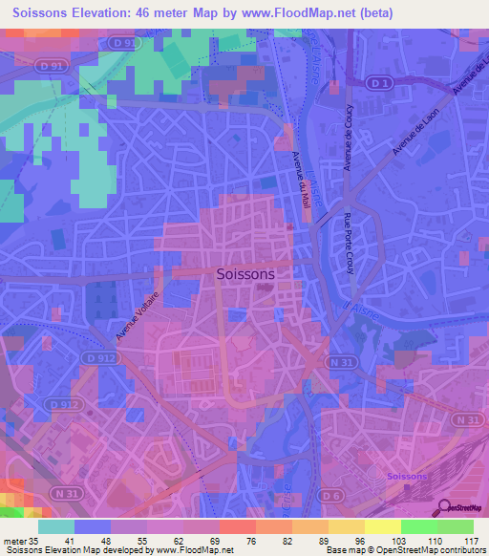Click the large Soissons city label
pyautogui.click(x=246, y=273)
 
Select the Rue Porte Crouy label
pyautogui.click(x=351, y=242)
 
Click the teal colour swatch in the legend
pyautogui.click(x=56, y=526)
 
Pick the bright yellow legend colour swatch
pyautogui.click(x=382, y=526)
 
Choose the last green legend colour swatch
pyautogui.click(x=456, y=526)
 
